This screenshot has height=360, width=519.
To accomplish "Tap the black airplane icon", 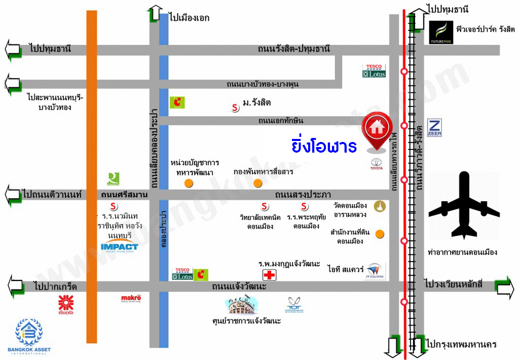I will click(463, 205).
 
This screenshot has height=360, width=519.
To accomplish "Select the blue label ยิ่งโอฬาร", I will click(325, 146).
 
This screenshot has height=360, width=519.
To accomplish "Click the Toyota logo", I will click(376, 164).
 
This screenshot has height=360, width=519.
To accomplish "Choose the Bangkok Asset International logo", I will click(28, 336).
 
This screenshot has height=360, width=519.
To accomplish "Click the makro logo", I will click(131, 300).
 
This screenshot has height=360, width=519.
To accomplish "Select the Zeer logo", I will click(435, 127).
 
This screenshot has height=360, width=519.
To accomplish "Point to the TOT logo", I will click(294, 305).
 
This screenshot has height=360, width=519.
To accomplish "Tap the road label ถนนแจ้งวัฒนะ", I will click(240, 287).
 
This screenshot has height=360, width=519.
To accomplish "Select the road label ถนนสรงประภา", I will click(303, 194).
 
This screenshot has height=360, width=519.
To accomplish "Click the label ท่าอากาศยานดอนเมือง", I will click(462, 252).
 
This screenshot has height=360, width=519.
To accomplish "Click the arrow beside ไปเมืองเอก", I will click(155, 14).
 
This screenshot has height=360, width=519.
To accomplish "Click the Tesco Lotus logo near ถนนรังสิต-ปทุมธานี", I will click(374, 70).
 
